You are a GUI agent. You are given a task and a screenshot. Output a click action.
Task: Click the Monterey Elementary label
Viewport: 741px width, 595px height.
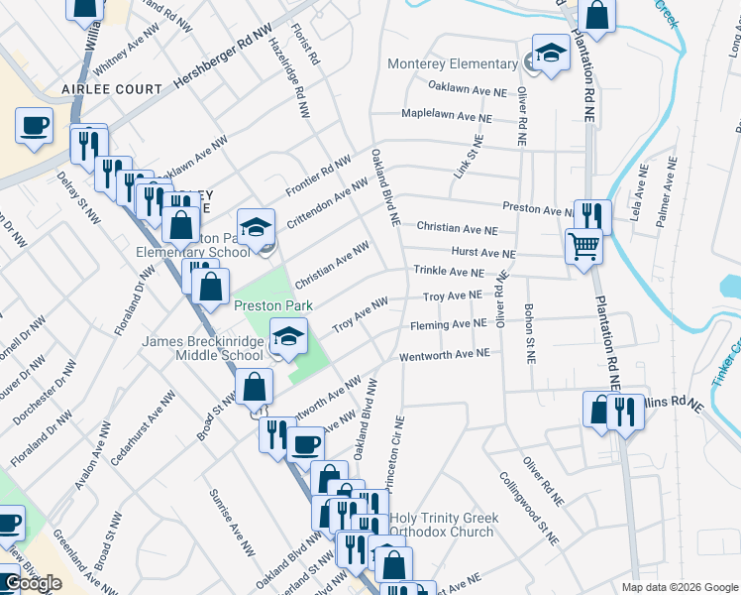(x=452, y=63)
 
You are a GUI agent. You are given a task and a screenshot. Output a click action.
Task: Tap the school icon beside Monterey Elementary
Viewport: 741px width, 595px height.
(x=551, y=54)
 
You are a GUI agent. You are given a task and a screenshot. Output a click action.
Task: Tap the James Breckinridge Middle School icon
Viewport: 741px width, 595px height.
(x=288, y=339)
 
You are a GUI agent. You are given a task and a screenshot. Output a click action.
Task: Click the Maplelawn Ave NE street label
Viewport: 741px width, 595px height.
(x=447, y=115)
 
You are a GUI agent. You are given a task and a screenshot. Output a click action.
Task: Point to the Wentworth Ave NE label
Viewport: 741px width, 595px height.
(x=444, y=354)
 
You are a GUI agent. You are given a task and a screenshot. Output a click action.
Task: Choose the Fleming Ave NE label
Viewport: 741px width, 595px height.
(x=447, y=324)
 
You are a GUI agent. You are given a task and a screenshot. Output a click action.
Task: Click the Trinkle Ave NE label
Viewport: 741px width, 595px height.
(x=449, y=271)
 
